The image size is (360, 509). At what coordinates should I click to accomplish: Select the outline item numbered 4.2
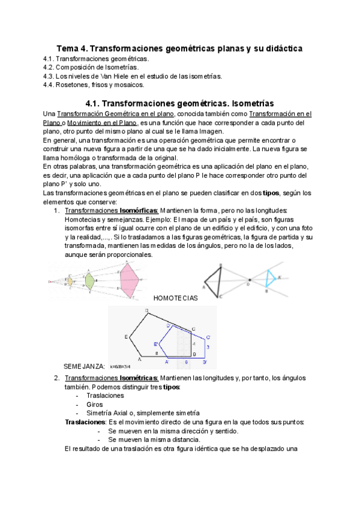pos(96,68)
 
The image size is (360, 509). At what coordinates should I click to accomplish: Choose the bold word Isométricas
pos(139,378)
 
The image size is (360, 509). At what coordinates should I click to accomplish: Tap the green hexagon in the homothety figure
pos(89,280)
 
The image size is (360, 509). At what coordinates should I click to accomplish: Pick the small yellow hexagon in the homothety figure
pos(70,280)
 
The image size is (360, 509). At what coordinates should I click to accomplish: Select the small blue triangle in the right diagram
pos(272,278)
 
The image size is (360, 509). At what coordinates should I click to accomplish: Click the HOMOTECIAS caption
pos(175,298)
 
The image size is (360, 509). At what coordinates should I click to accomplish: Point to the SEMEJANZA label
pos(83,366)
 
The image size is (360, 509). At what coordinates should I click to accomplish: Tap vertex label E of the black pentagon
pos(127,337)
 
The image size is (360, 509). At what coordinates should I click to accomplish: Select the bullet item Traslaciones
pos(105,396)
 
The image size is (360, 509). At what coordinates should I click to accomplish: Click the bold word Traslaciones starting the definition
pos(85,422)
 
